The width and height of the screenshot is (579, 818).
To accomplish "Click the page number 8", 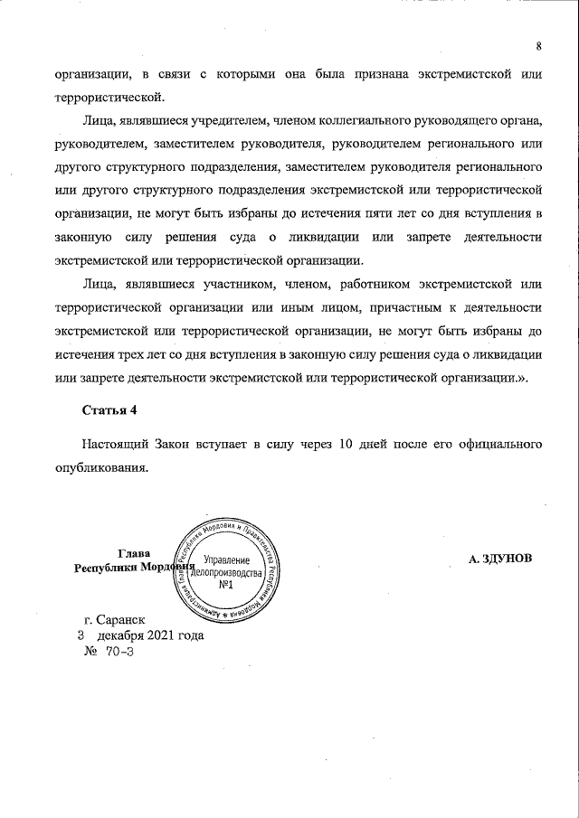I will [538, 47].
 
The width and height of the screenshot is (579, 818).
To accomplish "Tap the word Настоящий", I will [115, 446].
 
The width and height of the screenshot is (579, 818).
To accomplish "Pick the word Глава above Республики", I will [134, 553].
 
